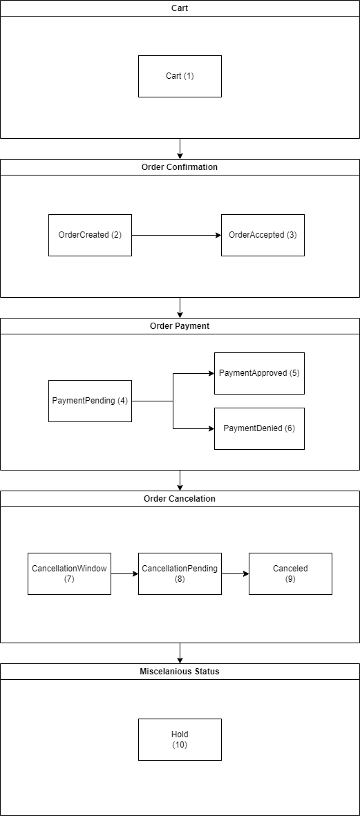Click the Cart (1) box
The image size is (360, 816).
tap(180, 76)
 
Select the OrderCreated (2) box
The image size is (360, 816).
tap(90, 235)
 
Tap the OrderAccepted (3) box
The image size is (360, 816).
tap(263, 235)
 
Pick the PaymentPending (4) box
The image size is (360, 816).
tap(90, 401)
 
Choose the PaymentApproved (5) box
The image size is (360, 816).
tap(259, 373)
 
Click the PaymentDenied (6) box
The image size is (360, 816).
tap(259, 428)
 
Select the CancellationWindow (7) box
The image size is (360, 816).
tap(69, 573)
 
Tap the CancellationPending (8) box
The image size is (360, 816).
tap(180, 573)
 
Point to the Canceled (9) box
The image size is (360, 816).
tap(290, 573)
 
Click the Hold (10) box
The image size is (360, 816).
tap(180, 739)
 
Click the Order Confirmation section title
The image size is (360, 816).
tap(180, 167)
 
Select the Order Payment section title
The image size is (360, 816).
tap(180, 326)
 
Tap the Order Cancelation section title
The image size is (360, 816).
tap(180, 499)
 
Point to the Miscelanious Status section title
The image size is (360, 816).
tap(180, 672)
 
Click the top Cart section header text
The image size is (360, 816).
tap(180, 8)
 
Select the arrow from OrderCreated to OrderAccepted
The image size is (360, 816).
tap(176, 235)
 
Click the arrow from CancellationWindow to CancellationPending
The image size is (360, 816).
tap(124, 573)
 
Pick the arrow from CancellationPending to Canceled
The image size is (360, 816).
tap(235, 573)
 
